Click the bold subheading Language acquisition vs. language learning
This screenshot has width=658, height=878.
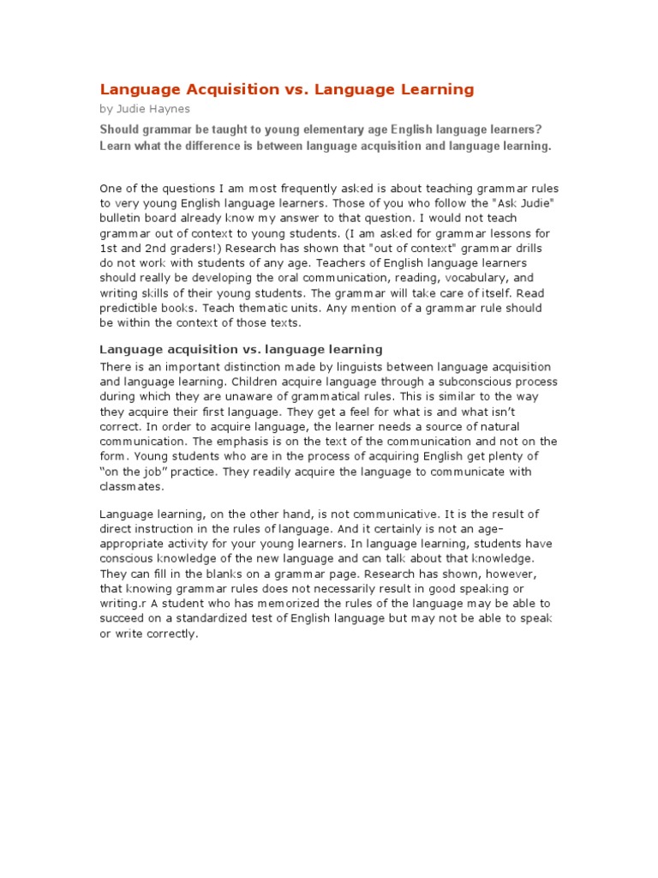[x=241, y=349]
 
